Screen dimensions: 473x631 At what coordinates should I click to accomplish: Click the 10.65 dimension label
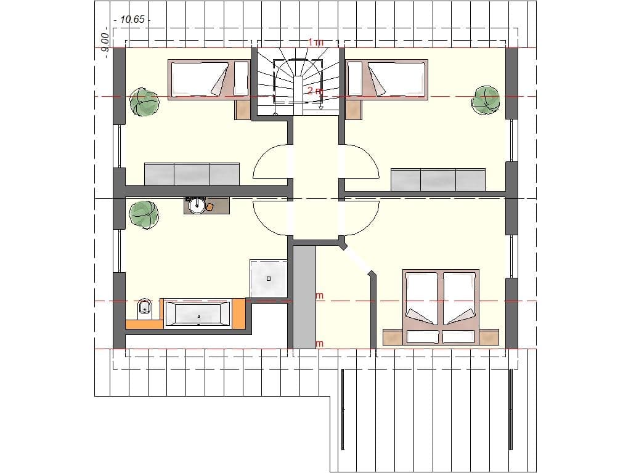tap(132, 20)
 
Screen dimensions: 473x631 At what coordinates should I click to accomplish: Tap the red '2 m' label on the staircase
tap(314, 91)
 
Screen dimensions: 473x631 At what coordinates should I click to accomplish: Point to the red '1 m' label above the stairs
tap(315, 42)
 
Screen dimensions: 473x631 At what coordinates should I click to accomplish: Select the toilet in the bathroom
tap(144, 306)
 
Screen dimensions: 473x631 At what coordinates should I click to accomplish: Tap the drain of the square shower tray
tap(269, 278)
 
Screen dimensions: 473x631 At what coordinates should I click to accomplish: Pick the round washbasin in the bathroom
tap(197, 206)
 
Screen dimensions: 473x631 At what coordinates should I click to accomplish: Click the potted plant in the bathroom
tap(144, 214)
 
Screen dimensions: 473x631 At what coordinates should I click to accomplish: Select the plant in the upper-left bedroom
tap(144, 102)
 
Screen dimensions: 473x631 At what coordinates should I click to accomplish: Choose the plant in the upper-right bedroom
tap(486, 99)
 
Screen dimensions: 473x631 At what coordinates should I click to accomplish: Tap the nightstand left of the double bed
tap(393, 337)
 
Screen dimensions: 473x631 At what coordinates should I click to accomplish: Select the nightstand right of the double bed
tap(488, 337)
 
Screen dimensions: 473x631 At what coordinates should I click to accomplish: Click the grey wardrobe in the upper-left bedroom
tap(192, 174)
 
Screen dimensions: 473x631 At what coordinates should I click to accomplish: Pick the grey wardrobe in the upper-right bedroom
tap(439, 179)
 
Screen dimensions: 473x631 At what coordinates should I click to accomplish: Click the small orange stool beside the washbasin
tap(210, 207)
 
